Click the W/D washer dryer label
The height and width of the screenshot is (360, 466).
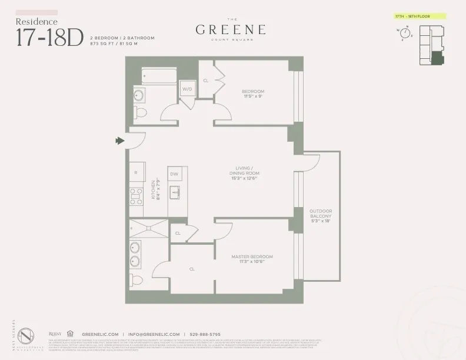point(188,89)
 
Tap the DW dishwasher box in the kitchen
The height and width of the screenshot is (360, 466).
point(174,175)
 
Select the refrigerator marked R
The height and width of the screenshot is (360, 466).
point(136,173)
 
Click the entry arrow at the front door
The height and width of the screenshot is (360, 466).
point(120,141)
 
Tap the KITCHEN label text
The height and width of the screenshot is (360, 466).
point(154,190)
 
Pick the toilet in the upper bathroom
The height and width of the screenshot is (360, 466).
point(139,112)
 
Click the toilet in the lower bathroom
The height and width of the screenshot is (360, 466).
point(137,279)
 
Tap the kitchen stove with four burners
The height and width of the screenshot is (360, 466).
point(136,195)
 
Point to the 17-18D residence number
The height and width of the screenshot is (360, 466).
point(49,36)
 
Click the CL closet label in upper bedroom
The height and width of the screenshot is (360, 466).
point(206,80)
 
